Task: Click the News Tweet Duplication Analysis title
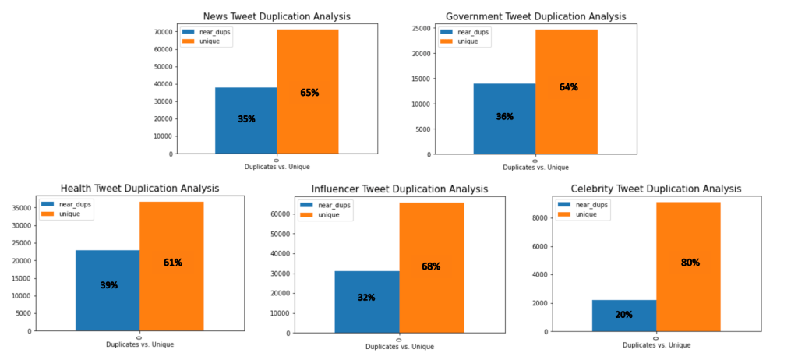pos(277,16)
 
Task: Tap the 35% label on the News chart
pos(246,119)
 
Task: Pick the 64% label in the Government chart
pos(568,87)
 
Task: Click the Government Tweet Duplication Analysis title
pos(535,16)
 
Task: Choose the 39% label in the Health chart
pos(109,285)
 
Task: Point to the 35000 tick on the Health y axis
pos(22,208)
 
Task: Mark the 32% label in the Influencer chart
pos(366,298)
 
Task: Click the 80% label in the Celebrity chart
pos(690,263)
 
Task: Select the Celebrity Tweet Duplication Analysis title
pos(655,189)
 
